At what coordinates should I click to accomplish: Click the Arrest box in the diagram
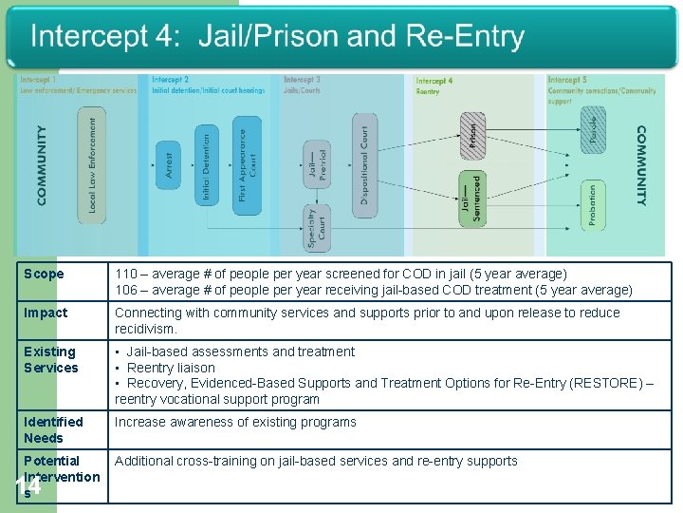click(169, 165)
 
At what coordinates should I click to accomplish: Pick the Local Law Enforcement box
click(92, 163)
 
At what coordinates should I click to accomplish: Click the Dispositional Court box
click(365, 163)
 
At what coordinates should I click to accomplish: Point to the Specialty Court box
click(318, 228)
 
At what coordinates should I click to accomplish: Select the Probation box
click(593, 205)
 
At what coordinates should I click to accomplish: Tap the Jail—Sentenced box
click(471, 199)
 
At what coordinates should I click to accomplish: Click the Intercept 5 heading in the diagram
click(567, 81)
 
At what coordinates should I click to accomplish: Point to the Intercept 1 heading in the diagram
click(38, 81)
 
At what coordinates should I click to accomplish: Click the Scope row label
click(44, 275)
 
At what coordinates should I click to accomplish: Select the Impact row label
click(46, 313)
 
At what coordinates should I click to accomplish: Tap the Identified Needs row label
click(53, 429)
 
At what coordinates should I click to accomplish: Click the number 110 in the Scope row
click(126, 275)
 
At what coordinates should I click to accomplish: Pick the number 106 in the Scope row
click(126, 290)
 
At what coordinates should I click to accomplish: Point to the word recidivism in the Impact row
click(146, 329)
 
